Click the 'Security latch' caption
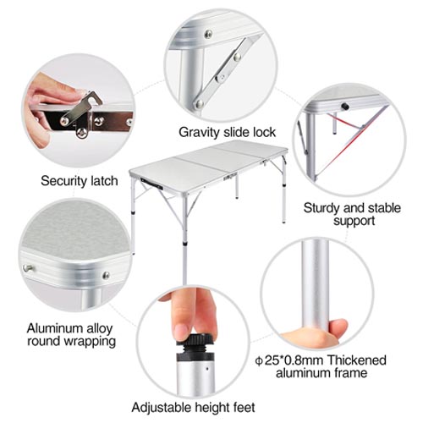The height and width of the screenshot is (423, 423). pyautogui.click(x=80, y=181)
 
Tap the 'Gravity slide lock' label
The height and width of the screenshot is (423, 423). pyautogui.click(x=227, y=132)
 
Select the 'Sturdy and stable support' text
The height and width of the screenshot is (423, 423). pyautogui.click(x=353, y=214)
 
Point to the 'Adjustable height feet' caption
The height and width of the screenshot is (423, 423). pyautogui.click(x=193, y=408)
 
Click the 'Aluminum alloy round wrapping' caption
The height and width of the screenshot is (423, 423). pyautogui.click(x=71, y=335)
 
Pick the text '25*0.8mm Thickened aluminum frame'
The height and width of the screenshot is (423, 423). pyautogui.click(x=321, y=366)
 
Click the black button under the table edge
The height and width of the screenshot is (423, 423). pyautogui.click(x=344, y=107)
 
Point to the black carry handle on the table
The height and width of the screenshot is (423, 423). pyautogui.click(x=151, y=184)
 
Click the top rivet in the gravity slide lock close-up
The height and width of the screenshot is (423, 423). pyautogui.click(x=208, y=34)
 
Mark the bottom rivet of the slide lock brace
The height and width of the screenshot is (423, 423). pyautogui.click(x=200, y=104)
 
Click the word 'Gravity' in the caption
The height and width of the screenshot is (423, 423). pyautogui.click(x=197, y=132)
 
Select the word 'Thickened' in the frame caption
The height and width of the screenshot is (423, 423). pyautogui.click(x=357, y=360)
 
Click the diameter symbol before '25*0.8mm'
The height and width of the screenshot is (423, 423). pyautogui.click(x=259, y=360)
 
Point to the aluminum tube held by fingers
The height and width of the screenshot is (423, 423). pyautogui.click(x=316, y=288)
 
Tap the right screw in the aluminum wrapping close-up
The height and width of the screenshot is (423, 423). pyautogui.click(x=107, y=275)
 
